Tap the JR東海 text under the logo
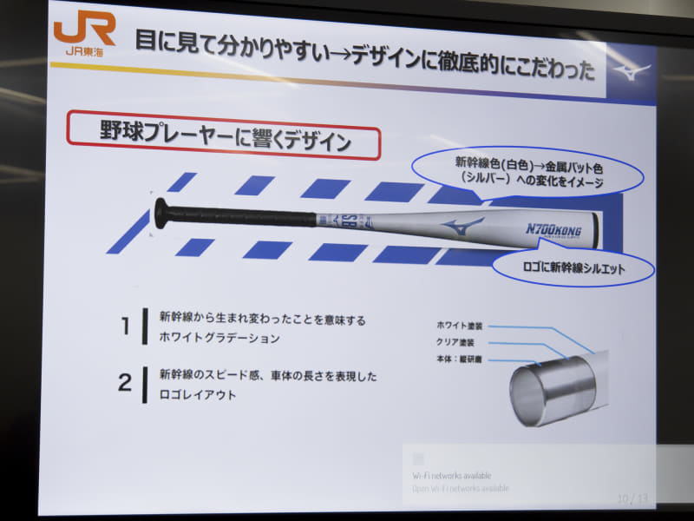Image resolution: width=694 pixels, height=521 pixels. coord(84,51)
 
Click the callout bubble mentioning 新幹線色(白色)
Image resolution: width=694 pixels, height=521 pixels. coord(528,171)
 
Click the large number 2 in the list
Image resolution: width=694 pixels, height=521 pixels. coord(125,383)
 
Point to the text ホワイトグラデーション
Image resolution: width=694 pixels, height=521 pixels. coord(220,338)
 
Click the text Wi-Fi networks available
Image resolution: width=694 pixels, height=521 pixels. coord(452,475)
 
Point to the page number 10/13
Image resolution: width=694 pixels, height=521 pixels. coord(632,499)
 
